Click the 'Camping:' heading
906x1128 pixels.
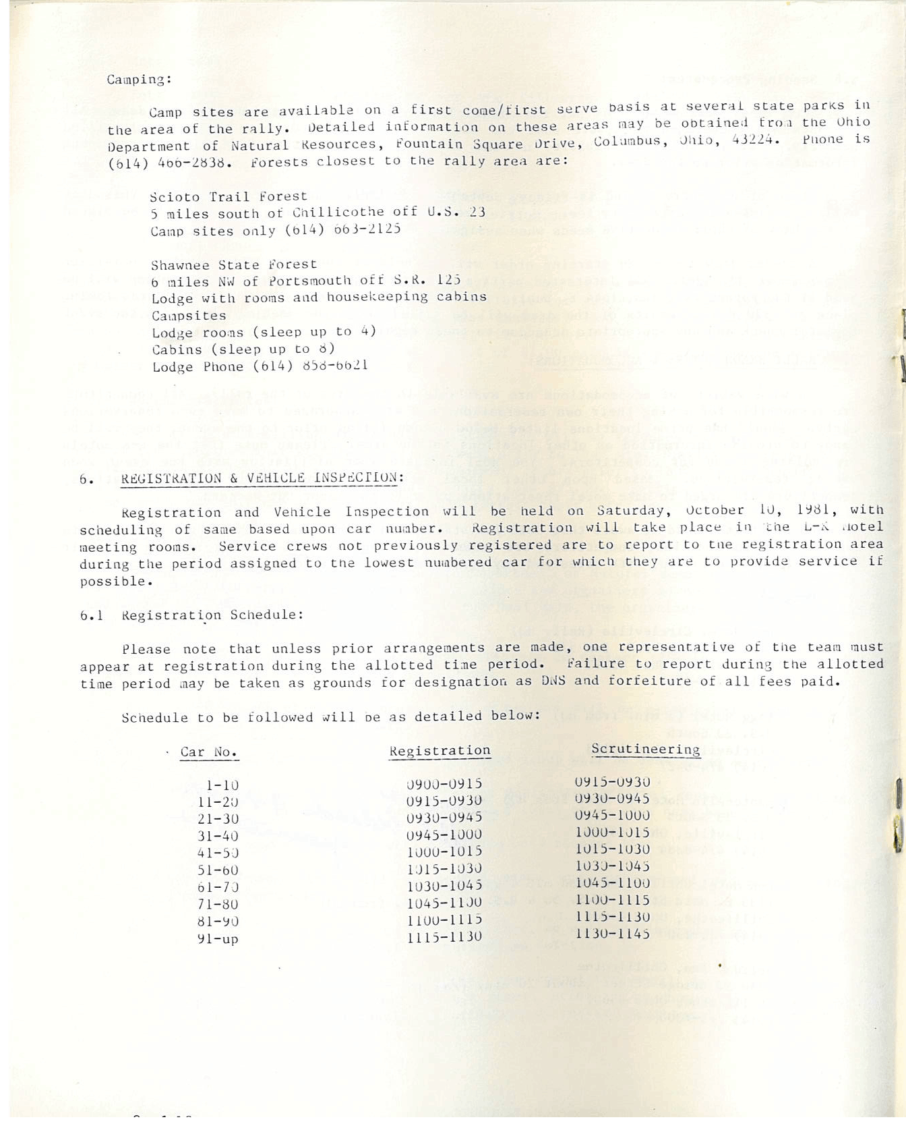click(x=140, y=80)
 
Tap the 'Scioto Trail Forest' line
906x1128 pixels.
click(x=229, y=196)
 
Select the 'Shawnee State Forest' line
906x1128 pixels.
click(x=233, y=264)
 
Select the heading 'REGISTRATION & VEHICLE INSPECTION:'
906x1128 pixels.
click(x=262, y=478)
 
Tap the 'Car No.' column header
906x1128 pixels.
click(x=209, y=752)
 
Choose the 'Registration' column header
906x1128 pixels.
click(x=440, y=751)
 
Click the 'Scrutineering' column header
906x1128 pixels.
click(x=645, y=750)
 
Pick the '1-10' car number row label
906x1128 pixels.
click(x=222, y=785)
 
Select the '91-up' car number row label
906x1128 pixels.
click(x=218, y=938)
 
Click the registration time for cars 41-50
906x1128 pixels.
click(x=444, y=851)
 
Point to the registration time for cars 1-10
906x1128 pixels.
click(x=444, y=784)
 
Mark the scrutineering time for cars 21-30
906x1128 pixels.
click(x=612, y=816)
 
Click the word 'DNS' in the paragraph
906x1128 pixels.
click(x=553, y=681)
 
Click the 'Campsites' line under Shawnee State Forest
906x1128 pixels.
click(x=189, y=316)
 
